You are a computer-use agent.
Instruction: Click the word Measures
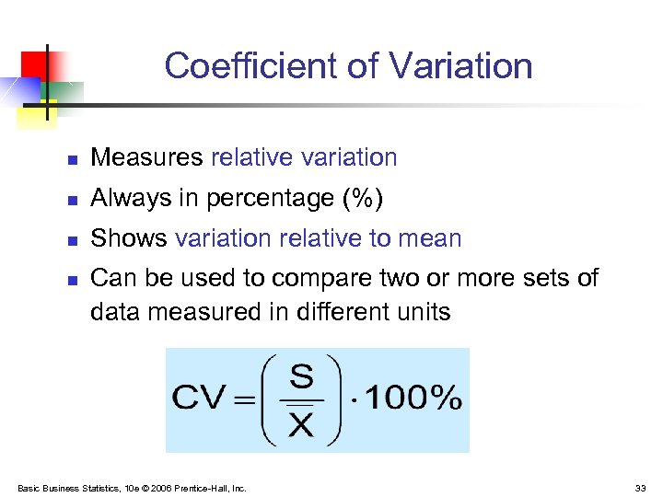pos(146,158)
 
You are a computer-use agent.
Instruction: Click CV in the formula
pos(199,399)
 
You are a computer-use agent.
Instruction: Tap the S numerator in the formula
pos(301,376)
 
